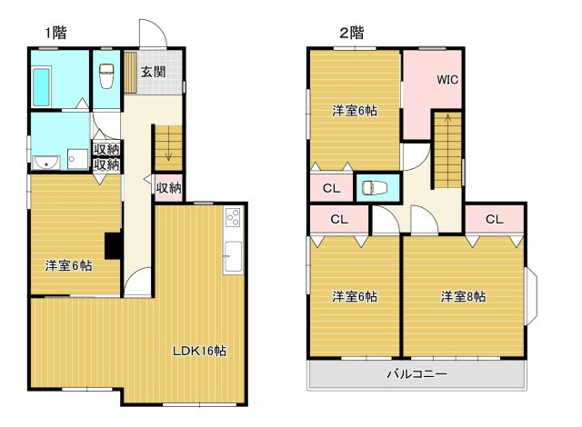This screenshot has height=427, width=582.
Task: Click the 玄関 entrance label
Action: (153, 72)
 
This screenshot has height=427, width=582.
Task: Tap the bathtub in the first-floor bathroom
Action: (42, 86)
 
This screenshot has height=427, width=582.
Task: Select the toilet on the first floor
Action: (106, 75)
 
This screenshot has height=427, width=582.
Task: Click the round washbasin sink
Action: (46, 162)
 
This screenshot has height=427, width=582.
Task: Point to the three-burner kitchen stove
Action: (234, 217)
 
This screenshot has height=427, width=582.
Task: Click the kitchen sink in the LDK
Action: (233, 257)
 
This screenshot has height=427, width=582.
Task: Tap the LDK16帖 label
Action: (199, 351)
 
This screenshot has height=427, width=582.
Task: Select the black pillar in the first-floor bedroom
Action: (113, 245)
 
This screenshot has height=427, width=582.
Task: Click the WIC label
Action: (447, 80)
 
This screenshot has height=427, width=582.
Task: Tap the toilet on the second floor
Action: (375, 187)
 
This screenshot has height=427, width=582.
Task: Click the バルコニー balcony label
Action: (416, 373)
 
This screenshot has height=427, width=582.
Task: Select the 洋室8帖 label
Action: (463, 296)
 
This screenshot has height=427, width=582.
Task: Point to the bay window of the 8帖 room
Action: (531, 296)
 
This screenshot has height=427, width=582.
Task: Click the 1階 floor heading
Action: (56, 33)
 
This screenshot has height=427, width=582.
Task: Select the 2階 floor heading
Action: (352, 33)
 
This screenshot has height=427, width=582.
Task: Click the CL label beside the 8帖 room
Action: (494, 219)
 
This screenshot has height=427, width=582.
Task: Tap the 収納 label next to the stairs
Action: (168, 188)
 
